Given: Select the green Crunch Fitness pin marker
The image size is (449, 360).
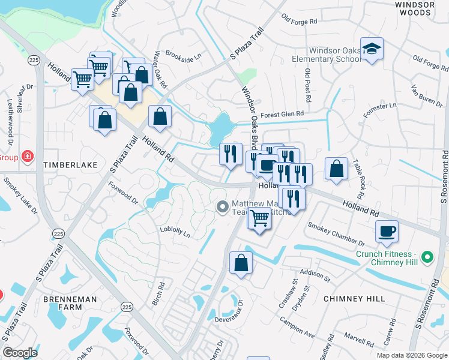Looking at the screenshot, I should [x=427, y=257].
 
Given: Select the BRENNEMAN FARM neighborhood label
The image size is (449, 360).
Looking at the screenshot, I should [x=62, y=302].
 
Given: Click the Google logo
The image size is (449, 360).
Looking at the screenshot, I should [x=20, y=353].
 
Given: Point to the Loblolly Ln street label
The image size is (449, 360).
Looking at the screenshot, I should [x=175, y=232].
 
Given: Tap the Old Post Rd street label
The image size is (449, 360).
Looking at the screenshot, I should [x=307, y=85].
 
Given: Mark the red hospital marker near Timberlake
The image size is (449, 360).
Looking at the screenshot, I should [x=28, y=157].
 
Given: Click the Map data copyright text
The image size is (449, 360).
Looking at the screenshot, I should [x=411, y=355].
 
